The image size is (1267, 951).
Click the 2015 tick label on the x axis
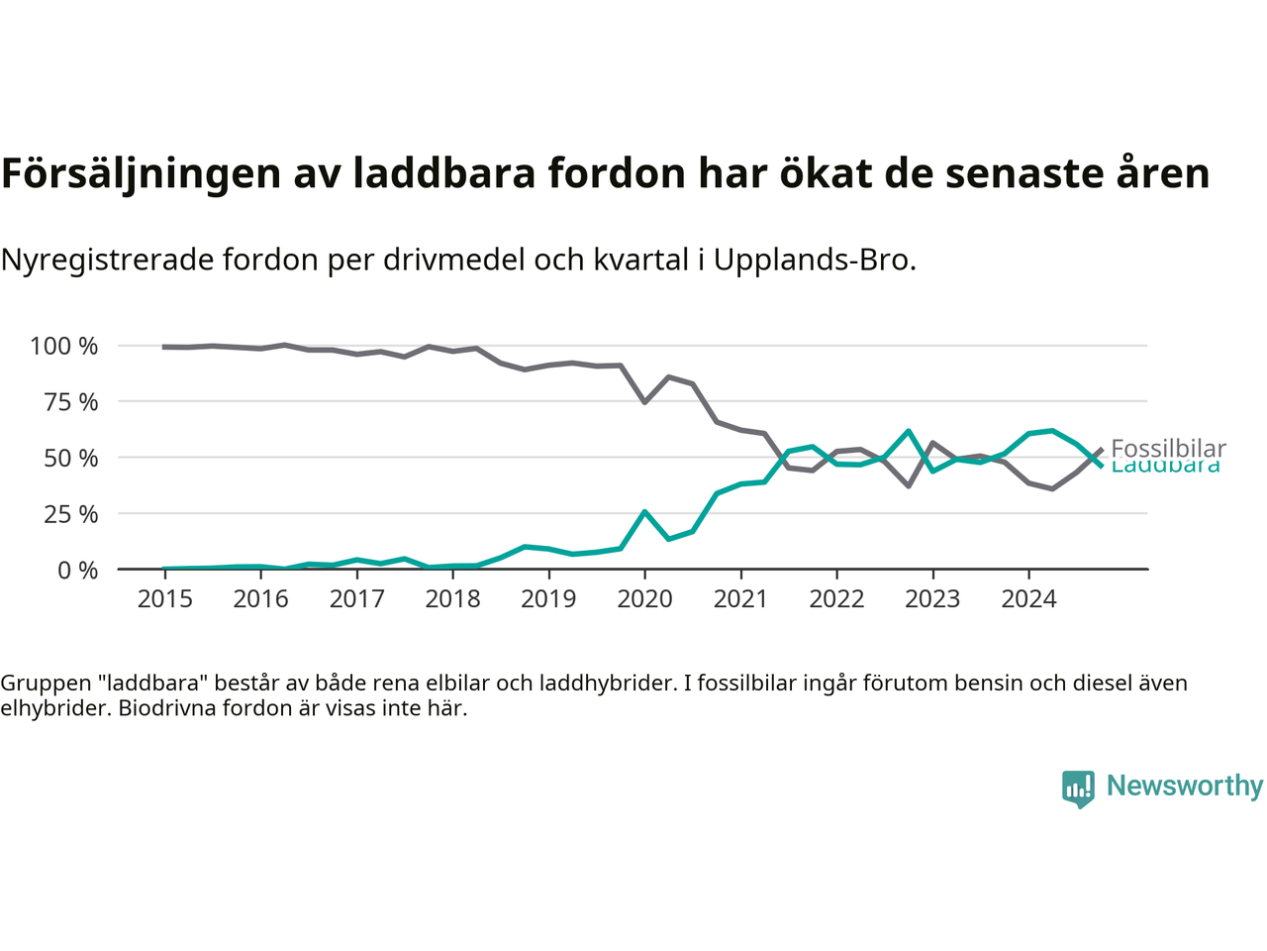click(x=164, y=598)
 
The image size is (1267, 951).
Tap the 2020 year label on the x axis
click(x=644, y=598)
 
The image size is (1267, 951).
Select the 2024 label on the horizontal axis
click(x=1028, y=598)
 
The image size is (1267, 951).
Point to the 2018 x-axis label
click(x=452, y=598)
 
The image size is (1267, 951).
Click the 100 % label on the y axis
click(x=64, y=346)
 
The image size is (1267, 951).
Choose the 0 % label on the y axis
click(x=77, y=571)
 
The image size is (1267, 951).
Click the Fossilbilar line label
click(x=1168, y=449)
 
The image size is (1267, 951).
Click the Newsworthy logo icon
click(x=1078, y=789)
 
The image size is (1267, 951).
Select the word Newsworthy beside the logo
click(x=1185, y=786)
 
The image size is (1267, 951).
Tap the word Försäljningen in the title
click(x=141, y=173)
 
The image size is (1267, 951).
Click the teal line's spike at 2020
click(x=644, y=512)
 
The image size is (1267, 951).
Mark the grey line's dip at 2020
click(x=644, y=402)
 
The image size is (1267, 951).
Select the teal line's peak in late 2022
click(x=908, y=431)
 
